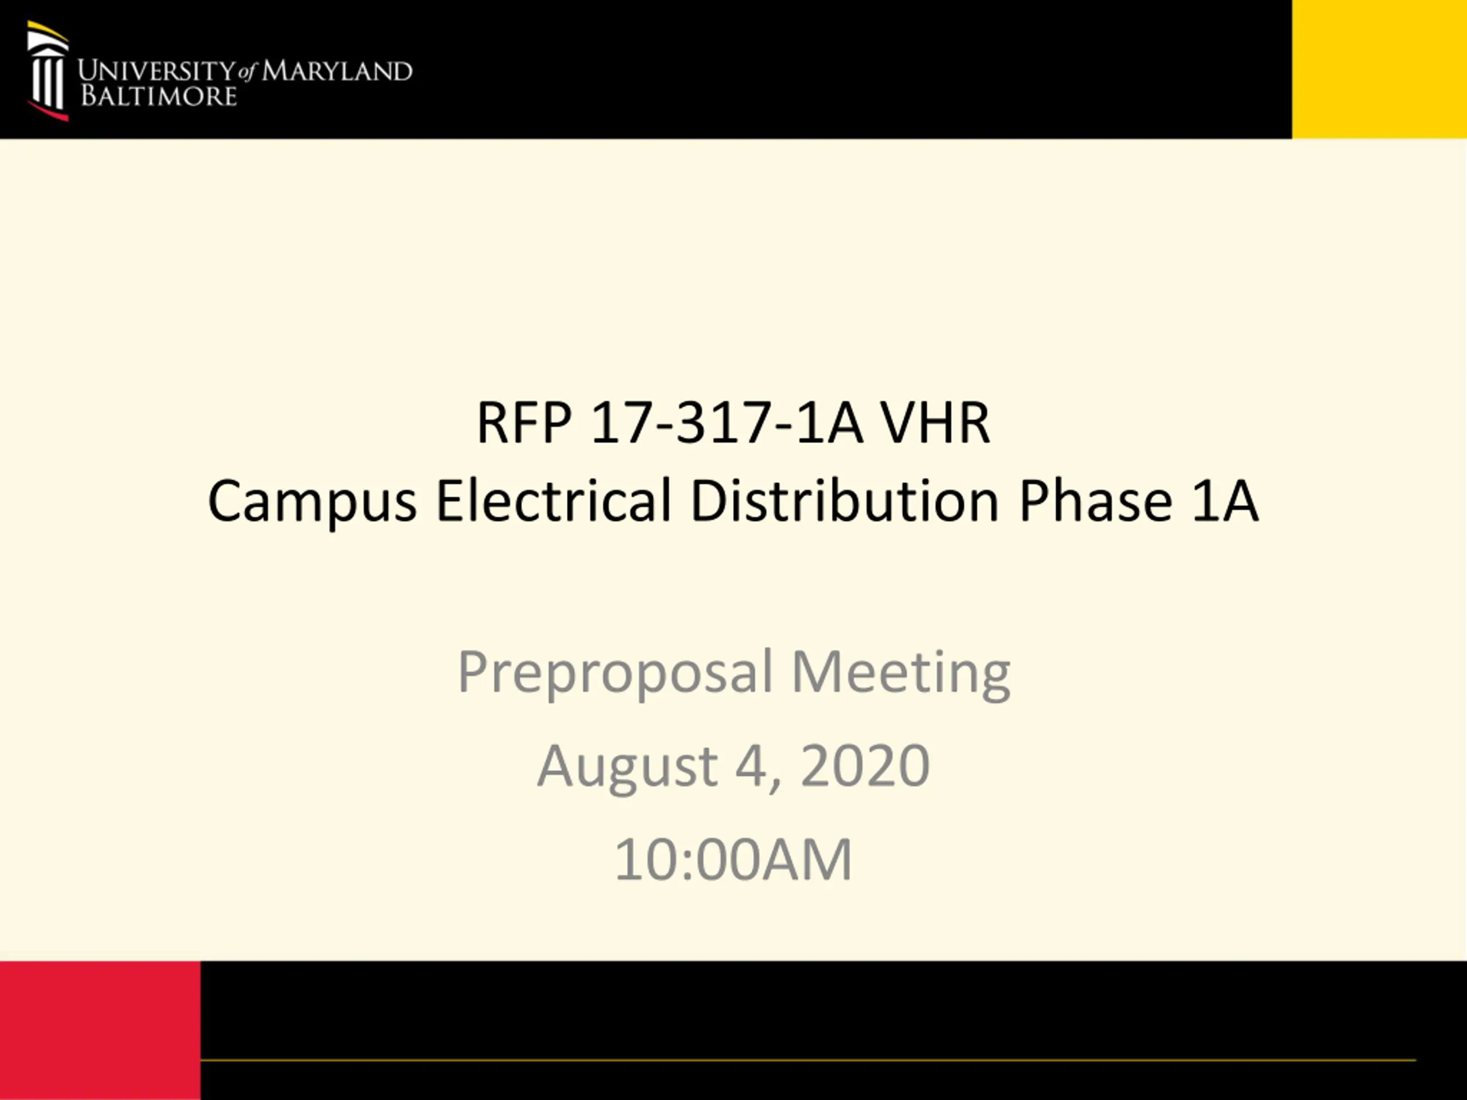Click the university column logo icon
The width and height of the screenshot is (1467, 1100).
[48, 71]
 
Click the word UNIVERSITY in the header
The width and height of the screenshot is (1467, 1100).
[156, 71]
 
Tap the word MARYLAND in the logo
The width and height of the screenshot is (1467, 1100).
[337, 71]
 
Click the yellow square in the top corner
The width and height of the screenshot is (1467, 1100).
[1379, 69]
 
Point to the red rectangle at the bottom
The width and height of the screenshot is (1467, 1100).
[100, 1030]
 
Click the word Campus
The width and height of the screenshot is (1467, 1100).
[312, 502]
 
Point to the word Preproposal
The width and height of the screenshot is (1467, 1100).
[615, 673]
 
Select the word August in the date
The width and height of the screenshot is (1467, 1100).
[627, 767]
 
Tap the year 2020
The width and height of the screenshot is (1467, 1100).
[865, 765]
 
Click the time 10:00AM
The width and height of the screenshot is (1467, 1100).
[733, 859]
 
